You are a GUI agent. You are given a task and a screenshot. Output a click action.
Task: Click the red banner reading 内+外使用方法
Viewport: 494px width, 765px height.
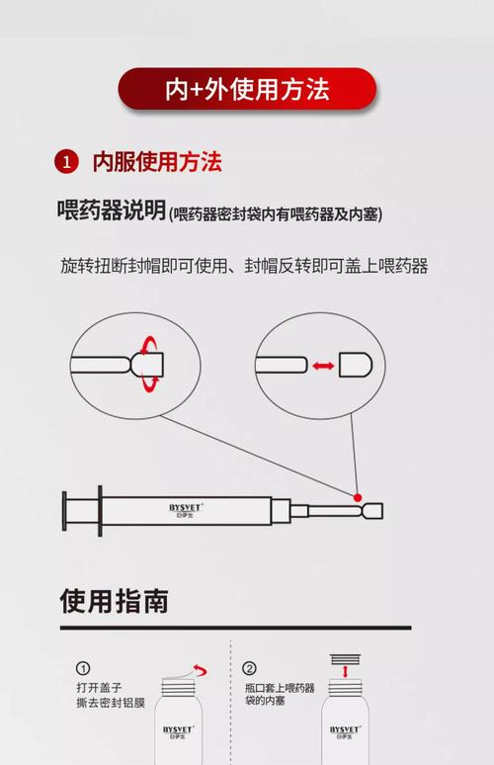tap(247, 89)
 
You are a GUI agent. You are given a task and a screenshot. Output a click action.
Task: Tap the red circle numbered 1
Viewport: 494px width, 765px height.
tap(66, 162)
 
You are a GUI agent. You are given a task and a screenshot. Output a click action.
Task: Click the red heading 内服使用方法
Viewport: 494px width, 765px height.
tap(157, 162)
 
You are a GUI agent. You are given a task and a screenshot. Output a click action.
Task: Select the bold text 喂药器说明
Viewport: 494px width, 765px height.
tap(111, 212)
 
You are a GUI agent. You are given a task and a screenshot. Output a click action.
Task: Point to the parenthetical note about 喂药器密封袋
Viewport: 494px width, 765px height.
tap(276, 214)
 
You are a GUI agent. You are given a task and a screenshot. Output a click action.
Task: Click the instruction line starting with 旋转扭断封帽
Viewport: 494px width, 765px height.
tap(243, 266)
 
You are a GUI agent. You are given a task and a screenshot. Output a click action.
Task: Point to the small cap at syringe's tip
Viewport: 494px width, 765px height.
tap(371, 511)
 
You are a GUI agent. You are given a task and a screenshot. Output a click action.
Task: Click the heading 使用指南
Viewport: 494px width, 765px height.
tap(114, 601)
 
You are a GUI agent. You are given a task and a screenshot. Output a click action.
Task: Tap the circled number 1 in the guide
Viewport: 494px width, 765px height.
tap(84, 668)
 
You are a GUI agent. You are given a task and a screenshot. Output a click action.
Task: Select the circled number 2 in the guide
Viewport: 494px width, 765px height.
tap(250, 668)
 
